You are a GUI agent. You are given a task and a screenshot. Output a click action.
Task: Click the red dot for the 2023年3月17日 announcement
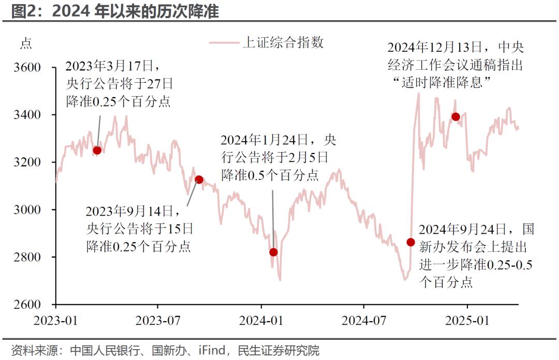[97, 151]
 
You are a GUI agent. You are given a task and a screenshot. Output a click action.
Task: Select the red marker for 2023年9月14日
[199, 179]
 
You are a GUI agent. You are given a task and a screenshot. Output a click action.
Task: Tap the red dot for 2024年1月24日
[273, 252]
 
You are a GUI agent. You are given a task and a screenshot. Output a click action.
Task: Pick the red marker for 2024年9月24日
[410, 242]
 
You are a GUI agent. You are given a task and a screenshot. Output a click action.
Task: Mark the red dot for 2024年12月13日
[455, 117]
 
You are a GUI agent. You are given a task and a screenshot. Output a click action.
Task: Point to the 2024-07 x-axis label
[364, 321]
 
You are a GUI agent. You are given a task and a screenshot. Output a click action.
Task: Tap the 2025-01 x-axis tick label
[467, 321]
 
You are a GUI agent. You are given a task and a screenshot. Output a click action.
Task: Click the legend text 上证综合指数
[283, 43]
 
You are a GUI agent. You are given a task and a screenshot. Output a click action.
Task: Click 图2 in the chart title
[22, 10]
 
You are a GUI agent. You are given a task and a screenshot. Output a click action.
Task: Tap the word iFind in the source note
[212, 351]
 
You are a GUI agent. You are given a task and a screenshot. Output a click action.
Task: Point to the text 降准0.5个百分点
[270, 175]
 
